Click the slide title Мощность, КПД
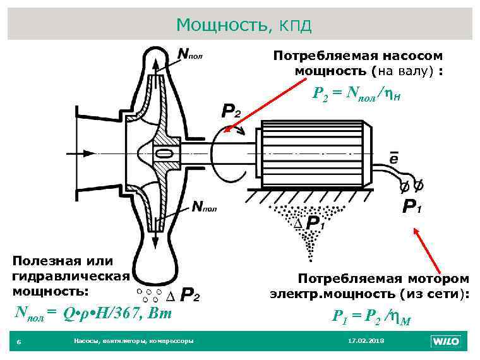(x=244, y=25)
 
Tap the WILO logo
(x=445, y=341)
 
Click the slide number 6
(x=19, y=342)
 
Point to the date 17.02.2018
(x=366, y=341)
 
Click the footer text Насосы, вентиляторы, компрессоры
(x=133, y=341)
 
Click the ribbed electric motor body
(x=309, y=154)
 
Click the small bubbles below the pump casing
(x=147, y=294)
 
